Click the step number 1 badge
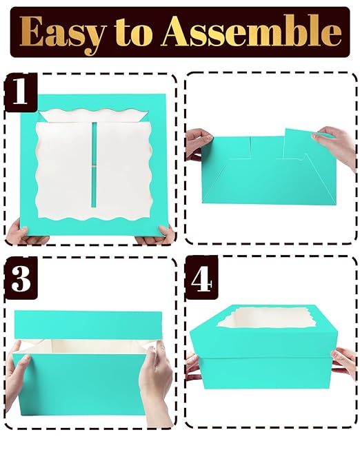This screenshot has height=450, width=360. coord(21,92)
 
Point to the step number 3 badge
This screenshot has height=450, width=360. coord(21,278)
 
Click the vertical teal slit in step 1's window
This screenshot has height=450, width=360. coord(94,165)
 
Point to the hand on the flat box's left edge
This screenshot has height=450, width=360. coord(198,143)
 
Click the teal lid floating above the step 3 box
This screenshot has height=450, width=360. coord(88,325)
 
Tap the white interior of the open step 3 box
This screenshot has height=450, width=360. coord(86,347)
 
